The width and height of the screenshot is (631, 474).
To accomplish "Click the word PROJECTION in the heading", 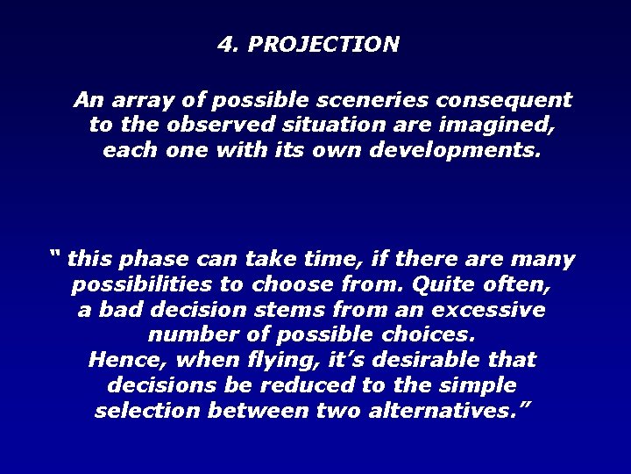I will pos(323,44).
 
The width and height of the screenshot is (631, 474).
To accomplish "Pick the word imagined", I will pos(500,125).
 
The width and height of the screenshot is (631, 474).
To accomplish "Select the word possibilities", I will pos(145,285).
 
